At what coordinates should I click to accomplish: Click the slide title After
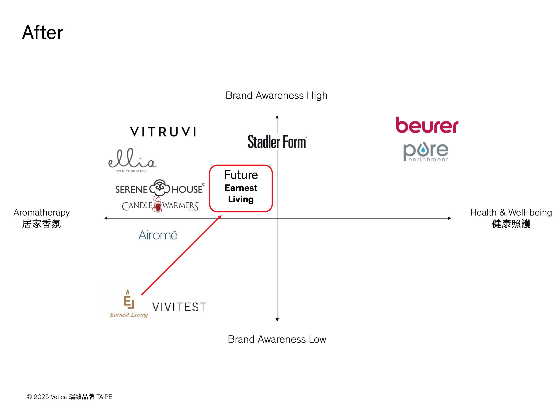[x=42, y=32]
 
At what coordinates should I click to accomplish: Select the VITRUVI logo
[x=163, y=132]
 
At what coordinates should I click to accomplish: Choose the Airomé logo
[x=158, y=235]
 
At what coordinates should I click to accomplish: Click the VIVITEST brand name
[x=179, y=307]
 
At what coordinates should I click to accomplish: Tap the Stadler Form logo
[x=277, y=142]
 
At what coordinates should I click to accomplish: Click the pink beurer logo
[x=427, y=125]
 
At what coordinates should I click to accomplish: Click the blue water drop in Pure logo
[x=423, y=151]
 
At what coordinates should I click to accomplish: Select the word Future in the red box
[x=241, y=175]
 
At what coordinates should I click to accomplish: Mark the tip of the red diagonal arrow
[x=221, y=216]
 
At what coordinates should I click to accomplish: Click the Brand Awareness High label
[x=276, y=95]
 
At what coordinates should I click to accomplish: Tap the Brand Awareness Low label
[x=277, y=339]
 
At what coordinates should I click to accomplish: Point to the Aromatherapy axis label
[x=42, y=212]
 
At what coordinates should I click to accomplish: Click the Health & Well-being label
[x=511, y=212]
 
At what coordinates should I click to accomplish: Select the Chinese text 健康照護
[x=511, y=224]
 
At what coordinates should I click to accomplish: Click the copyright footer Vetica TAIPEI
[x=70, y=397]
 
